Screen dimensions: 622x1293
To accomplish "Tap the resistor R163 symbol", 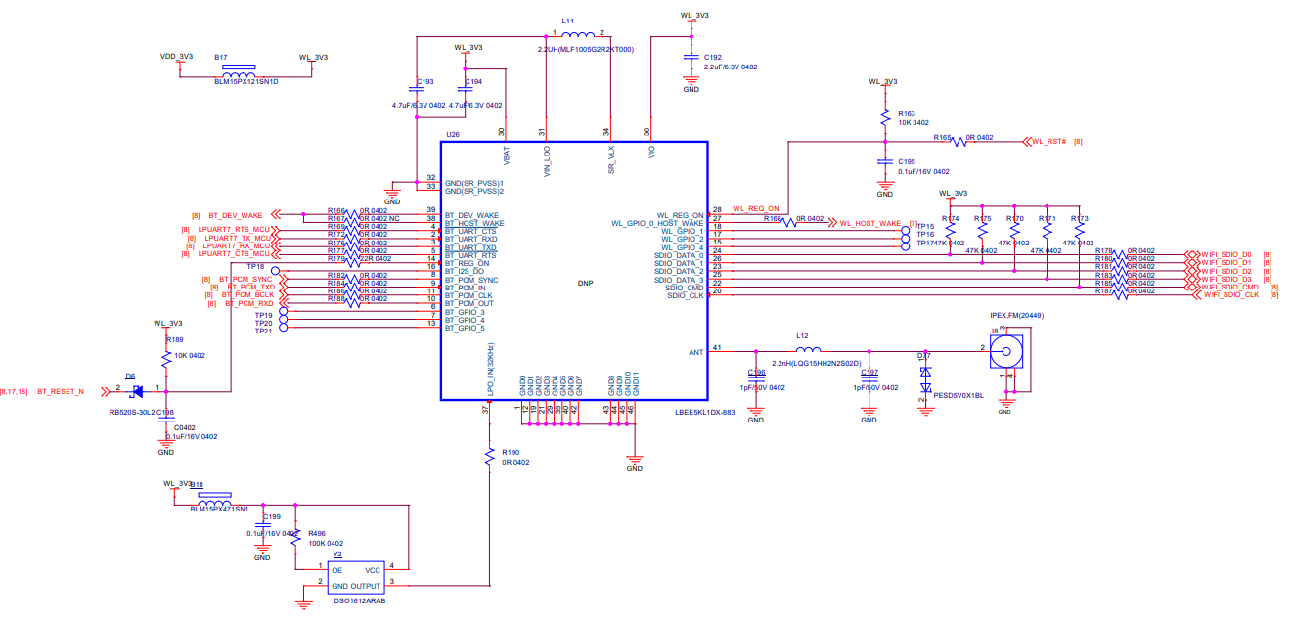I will pos(884,117).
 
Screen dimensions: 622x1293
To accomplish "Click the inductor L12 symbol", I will pos(808,350).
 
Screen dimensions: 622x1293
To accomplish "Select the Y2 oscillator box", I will pos(356,577).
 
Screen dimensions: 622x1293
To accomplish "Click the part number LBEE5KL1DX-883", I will pos(704,413).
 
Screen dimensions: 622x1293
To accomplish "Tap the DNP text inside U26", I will pos(586,284).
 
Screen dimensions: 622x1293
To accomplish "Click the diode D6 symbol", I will pos(137,391).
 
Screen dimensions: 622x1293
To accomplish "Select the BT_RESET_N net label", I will pos(61,392).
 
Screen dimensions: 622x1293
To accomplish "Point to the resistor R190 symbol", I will pos(487,457).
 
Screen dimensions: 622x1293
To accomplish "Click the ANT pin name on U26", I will pos(695,352).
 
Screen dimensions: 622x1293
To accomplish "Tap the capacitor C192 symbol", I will pos(691,60).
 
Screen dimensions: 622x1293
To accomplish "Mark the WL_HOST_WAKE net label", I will pos(870,223).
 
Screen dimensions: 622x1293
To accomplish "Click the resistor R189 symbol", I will pos(165,355).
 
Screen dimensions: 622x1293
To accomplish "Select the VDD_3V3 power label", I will pos(176,57).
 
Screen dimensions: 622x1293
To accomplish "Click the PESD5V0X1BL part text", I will pos(959,396).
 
